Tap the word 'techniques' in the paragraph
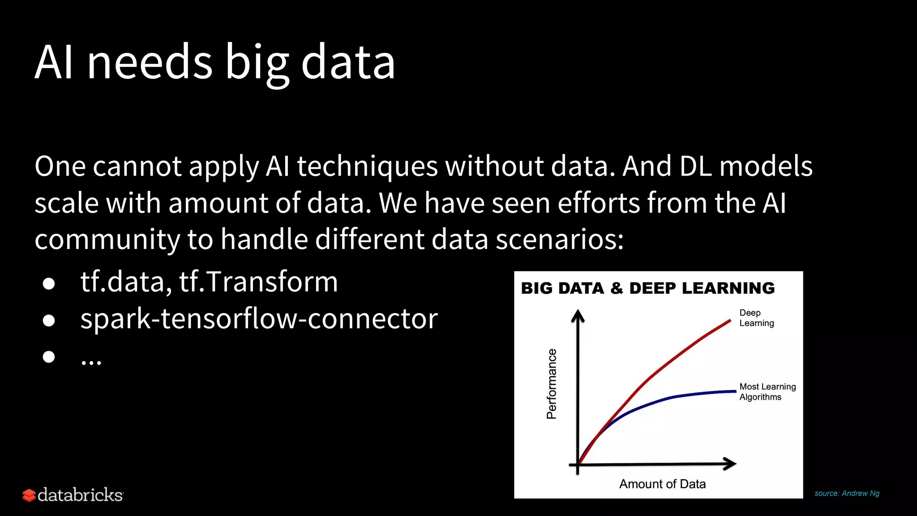367,167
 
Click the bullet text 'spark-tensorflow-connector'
259,319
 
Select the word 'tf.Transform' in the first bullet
258,282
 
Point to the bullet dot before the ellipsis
49,357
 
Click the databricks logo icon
29,495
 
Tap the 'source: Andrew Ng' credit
847,493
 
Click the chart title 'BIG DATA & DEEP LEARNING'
647,288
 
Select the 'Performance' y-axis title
552,384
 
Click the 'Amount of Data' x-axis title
662,484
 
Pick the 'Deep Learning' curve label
756,318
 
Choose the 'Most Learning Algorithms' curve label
767,391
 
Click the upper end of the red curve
729,321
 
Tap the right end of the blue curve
734,391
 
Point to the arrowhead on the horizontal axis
731,464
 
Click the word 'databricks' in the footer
80,495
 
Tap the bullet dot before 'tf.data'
49,284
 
